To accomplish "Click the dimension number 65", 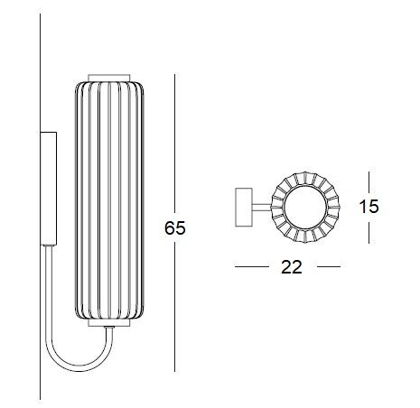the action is coord(175,228).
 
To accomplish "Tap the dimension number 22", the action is coord(292,267).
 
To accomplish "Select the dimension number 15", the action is coord(369,207).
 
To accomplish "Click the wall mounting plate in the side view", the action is coord(49,189).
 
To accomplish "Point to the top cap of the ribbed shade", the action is coord(108,78).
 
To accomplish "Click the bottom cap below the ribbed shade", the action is coord(108,322).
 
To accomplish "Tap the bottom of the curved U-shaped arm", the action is coord(79,369).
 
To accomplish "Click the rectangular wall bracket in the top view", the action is coord(244,207).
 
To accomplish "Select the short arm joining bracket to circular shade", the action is coord(262,207).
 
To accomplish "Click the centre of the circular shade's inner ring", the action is coord(305,208).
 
